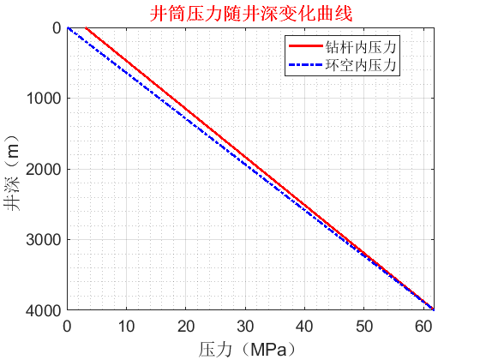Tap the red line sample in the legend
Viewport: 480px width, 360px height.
tap(306, 46)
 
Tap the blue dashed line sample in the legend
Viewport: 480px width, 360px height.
tap(306, 64)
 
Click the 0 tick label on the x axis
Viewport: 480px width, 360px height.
tap(67, 326)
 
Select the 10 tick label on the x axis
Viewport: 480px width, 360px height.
tap(126, 326)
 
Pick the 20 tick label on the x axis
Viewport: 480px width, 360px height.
tap(185, 326)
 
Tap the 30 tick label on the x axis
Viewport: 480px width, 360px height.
tap(244, 326)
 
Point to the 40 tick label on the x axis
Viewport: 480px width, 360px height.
tap(303, 326)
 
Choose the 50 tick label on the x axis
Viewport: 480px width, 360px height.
tap(363, 326)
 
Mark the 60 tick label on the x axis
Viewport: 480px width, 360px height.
tap(422, 326)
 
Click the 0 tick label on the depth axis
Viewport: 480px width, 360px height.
tap(56, 28)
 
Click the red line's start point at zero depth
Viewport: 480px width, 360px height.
tap(86, 27)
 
